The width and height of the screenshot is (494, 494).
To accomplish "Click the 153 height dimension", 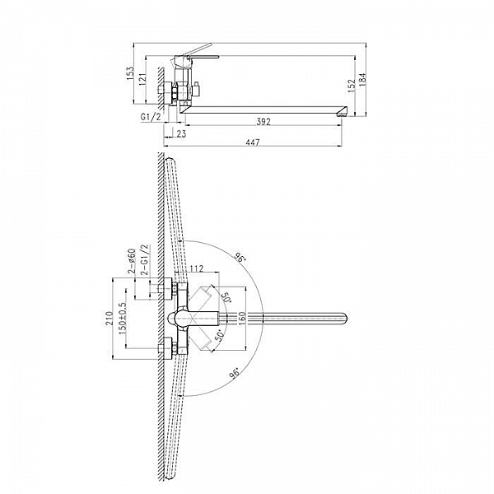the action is tap(131, 73).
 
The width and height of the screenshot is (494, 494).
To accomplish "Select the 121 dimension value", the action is tap(142, 79).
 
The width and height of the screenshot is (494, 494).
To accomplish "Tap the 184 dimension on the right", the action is tap(362, 79).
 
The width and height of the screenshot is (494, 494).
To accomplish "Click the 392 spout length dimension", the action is tap(263, 121).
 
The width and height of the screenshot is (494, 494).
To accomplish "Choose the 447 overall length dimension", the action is tap(253, 142).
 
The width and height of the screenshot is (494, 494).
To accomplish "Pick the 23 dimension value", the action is tap(181, 134).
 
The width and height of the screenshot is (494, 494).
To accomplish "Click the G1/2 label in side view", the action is tap(151, 117).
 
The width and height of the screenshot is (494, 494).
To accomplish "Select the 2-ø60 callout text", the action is tap(132, 261).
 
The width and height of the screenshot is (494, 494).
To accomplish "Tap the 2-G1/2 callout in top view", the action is tap(144, 260).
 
